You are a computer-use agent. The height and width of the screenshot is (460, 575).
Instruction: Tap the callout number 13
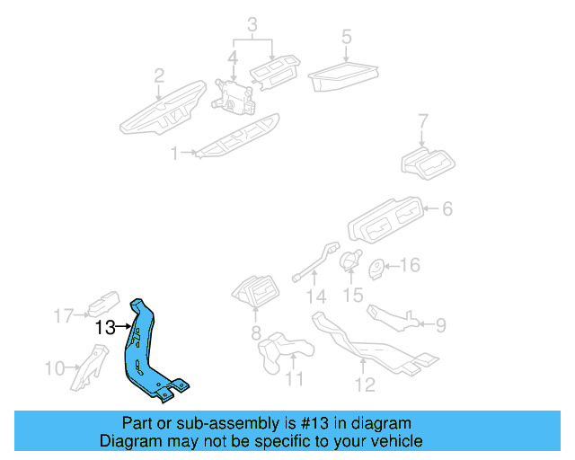(104, 328)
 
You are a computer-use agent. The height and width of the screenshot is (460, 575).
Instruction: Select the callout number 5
(346, 37)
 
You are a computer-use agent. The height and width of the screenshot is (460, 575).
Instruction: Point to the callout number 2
(159, 75)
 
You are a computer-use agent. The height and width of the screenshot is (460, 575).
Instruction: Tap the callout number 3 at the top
(253, 22)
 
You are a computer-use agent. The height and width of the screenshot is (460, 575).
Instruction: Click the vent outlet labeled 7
(427, 163)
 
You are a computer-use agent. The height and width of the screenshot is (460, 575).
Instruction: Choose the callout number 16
(410, 265)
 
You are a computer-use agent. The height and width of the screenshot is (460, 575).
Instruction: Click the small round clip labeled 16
(378, 265)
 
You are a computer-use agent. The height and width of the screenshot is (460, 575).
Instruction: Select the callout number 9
(439, 323)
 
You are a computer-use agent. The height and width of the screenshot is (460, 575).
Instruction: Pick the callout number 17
(62, 315)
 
